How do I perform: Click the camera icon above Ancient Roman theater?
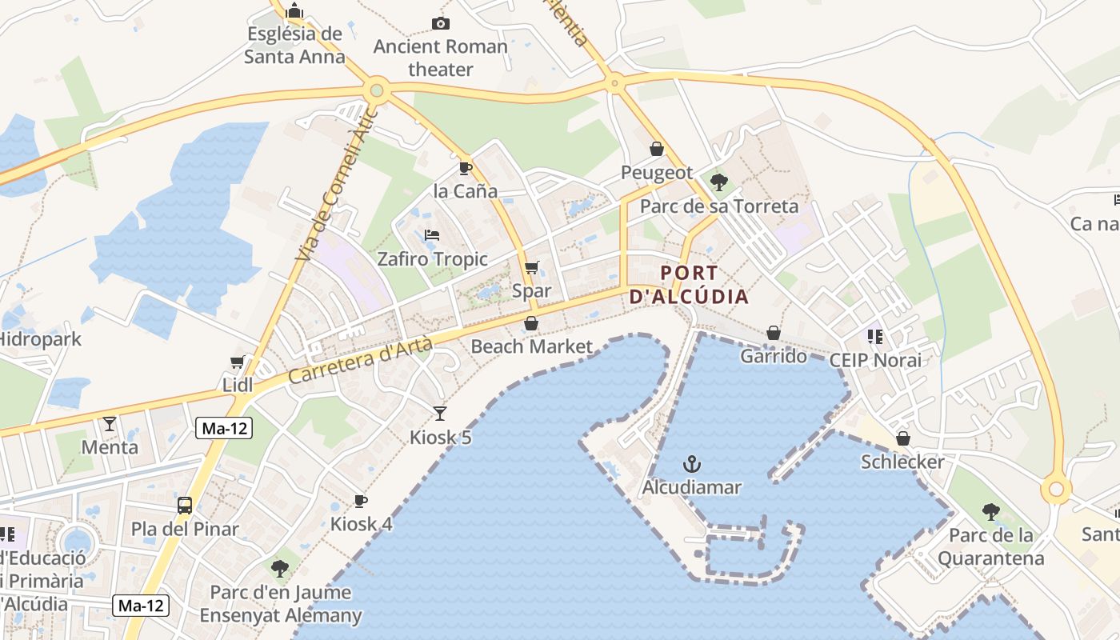pyautogui.click(x=440, y=23)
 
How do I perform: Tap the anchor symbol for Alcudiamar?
pyautogui.click(x=691, y=464)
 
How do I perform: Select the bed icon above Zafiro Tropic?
pyautogui.click(x=432, y=235)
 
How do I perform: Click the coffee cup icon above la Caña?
pyautogui.click(x=465, y=168)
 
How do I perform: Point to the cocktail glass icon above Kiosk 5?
pyautogui.click(x=440, y=413)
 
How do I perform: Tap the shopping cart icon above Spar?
pyautogui.click(x=532, y=267)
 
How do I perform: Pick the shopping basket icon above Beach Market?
pyautogui.click(x=531, y=323)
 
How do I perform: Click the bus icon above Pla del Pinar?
pyautogui.click(x=185, y=506)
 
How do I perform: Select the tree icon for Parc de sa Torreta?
pyautogui.click(x=718, y=182)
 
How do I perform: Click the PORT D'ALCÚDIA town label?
pyautogui.click(x=689, y=285)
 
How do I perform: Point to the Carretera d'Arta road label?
pyautogui.click(x=360, y=360)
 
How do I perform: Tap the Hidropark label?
pyautogui.click(x=40, y=339)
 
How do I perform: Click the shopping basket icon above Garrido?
pyautogui.click(x=774, y=333)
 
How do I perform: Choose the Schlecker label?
pyautogui.click(x=902, y=462)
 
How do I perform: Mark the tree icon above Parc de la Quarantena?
pyautogui.click(x=991, y=512)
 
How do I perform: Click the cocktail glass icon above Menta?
pyautogui.click(x=110, y=423)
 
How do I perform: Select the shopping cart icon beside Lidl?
pyautogui.click(x=237, y=362)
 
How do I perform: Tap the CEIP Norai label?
pyautogui.click(x=874, y=360)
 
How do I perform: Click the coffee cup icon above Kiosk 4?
pyautogui.click(x=361, y=501)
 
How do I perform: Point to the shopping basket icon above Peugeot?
pyautogui.click(x=657, y=149)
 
